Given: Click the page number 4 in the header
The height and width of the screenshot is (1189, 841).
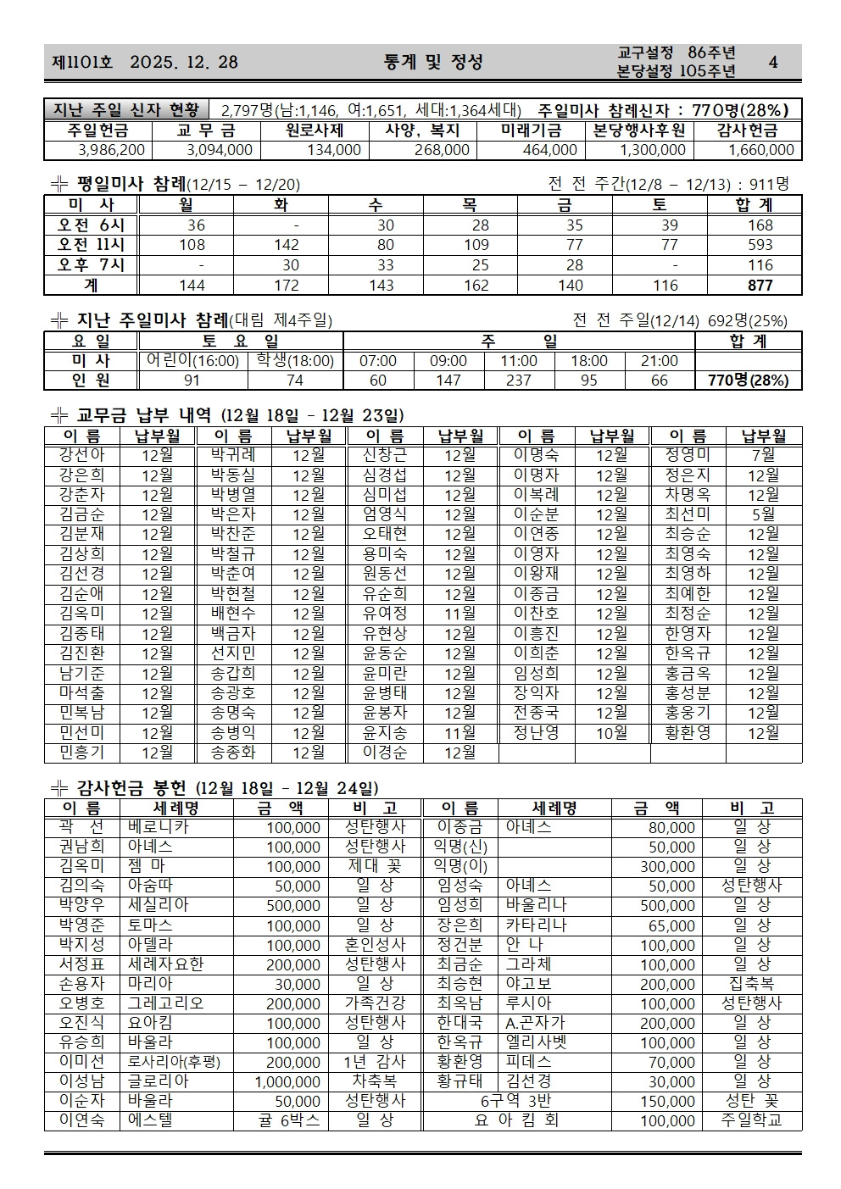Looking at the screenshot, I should coord(771,62).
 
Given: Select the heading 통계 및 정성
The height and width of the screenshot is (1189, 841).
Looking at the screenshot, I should coord(432,62).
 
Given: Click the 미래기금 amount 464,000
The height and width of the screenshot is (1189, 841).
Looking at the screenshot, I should coord(550,150).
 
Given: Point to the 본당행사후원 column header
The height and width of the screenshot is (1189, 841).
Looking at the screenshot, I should coord(639,131).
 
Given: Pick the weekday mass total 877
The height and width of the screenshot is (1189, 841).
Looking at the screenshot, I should coord(760,286).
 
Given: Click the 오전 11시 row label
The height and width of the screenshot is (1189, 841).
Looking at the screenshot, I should coord(91,245).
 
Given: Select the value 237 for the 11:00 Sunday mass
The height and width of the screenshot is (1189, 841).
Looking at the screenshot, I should coord(518,381).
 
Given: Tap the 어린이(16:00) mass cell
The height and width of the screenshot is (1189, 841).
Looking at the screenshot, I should coord(192,361).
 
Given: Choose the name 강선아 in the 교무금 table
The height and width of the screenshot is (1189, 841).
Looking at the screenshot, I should coord(82,455).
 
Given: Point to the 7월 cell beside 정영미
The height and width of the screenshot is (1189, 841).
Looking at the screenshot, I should coord(763,455).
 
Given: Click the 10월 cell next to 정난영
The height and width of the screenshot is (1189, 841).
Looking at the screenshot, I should coord(611,733).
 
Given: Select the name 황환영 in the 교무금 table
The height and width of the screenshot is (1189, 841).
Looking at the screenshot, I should coord(688,733).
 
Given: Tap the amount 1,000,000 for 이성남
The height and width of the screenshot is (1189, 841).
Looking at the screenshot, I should coord(288,1082).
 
